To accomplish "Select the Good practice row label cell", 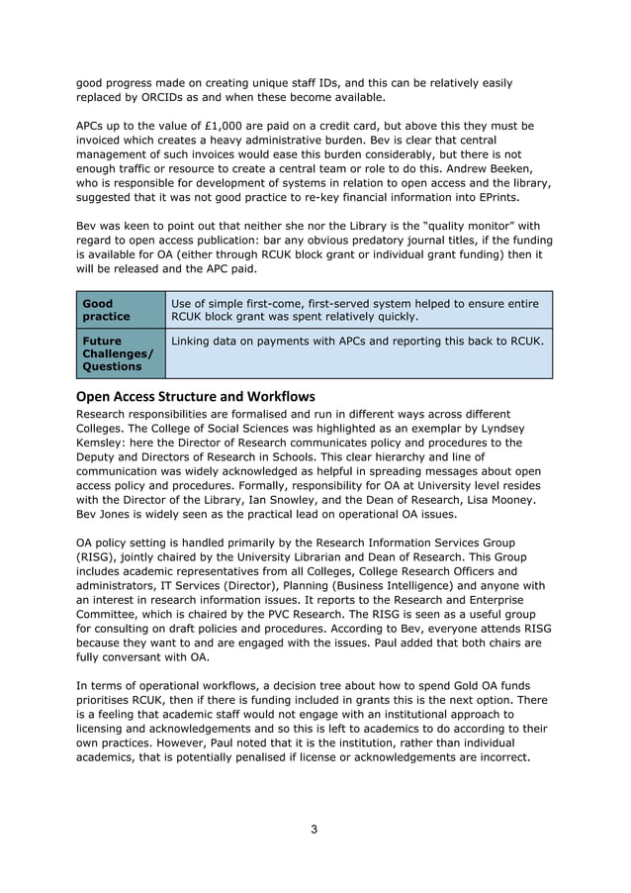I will click(x=120, y=310).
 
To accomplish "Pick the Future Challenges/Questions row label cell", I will click(x=120, y=353).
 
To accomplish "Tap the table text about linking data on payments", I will click(x=357, y=342).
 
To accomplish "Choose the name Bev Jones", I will click(x=108, y=514).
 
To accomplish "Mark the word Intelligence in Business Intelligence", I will click(x=386, y=585).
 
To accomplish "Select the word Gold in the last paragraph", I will click(x=445, y=686).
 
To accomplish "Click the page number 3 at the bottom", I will click(x=314, y=830).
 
